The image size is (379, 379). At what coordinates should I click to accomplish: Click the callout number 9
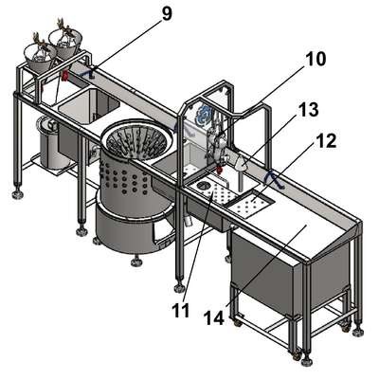click(x=167, y=14)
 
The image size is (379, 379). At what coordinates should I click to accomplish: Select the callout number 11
click(x=181, y=311)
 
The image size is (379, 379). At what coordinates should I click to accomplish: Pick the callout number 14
click(x=214, y=317)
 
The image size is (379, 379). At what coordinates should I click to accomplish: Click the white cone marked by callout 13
click(x=242, y=163)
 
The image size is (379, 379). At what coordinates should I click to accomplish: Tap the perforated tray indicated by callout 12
click(x=249, y=203)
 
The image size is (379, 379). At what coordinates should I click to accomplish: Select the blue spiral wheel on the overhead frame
click(x=202, y=115)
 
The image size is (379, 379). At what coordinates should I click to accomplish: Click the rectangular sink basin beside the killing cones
click(x=89, y=106)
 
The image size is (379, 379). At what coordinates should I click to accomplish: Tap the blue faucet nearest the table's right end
click(x=274, y=179)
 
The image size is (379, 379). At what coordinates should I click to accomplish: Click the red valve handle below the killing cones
click(x=65, y=76)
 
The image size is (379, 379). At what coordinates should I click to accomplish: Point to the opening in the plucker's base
click(x=162, y=234)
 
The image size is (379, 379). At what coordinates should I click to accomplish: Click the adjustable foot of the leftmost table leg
click(x=18, y=193)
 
